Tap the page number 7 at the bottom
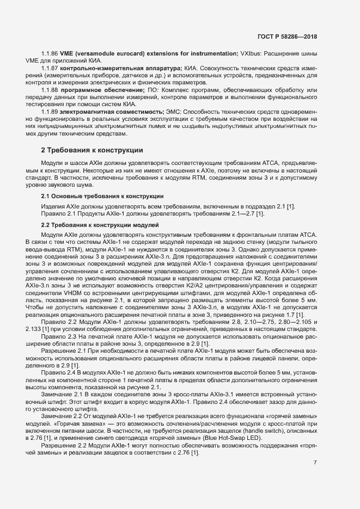[x=315, y=463]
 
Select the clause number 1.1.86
[x=50, y=53]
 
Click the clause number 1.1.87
[x=50, y=68]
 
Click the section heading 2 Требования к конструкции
[x=92, y=150]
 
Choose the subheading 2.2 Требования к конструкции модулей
[x=100, y=225]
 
